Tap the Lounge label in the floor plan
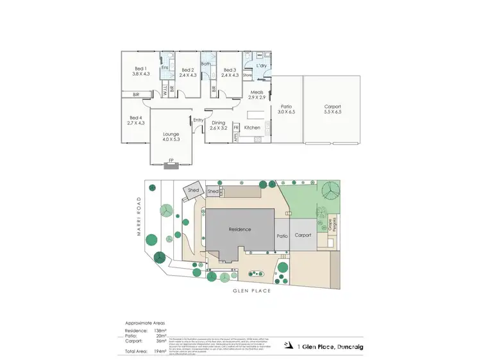coord(171,134)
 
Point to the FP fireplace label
coord(171,160)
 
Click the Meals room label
coord(257,92)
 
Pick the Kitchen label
coord(252,128)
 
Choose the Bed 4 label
coord(135,118)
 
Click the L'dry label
coord(262,66)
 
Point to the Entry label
coord(198,120)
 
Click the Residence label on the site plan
coord(240,229)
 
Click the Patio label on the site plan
coord(282,235)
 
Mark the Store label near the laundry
coord(248,75)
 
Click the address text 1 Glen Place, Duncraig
coord(330,346)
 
